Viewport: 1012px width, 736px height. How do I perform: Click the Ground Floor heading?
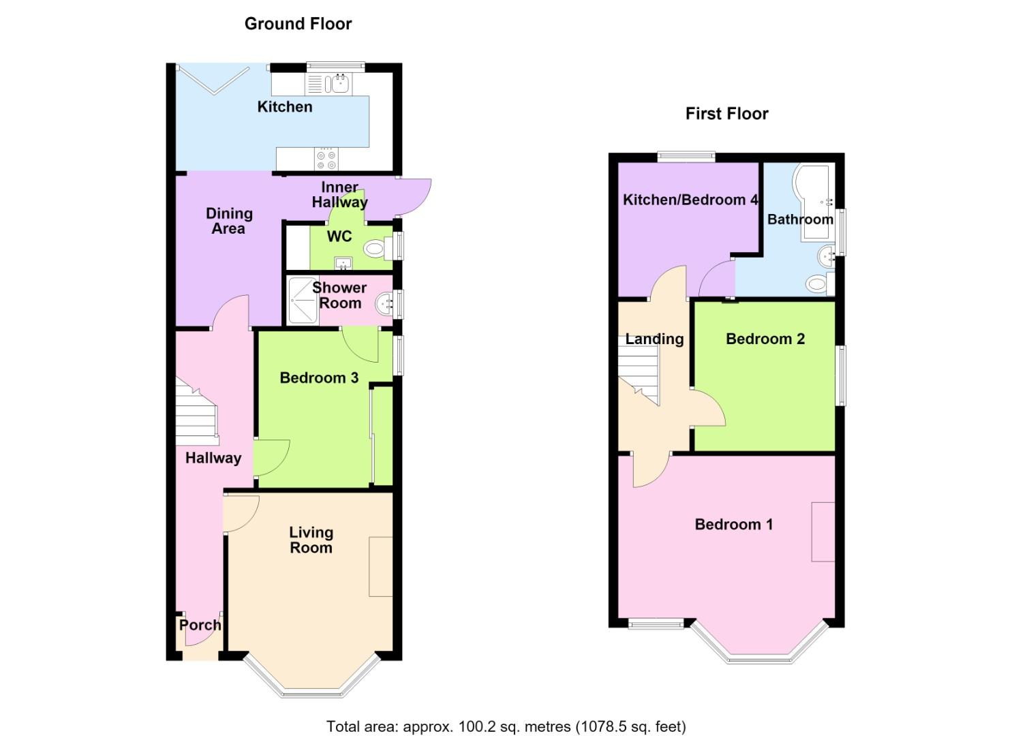pyautogui.click(x=298, y=24)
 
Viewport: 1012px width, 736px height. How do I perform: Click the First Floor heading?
pyautogui.click(x=726, y=113)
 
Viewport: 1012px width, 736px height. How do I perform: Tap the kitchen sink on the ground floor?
pyautogui.click(x=339, y=84)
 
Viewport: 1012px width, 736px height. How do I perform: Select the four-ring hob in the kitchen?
pyautogui.click(x=326, y=159)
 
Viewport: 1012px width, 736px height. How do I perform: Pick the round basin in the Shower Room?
pyautogui.click(x=384, y=304)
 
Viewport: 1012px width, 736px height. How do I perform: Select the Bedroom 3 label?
pyautogui.click(x=319, y=378)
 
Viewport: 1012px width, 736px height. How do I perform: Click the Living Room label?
pyautogui.click(x=311, y=540)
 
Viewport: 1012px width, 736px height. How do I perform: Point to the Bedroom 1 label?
pyautogui.click(x=734, y=524)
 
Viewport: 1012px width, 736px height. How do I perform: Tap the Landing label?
pyautogui.click(x=654, y=339)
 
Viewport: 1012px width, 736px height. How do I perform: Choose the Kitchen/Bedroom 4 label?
pyautogui.click(x=690, y=200)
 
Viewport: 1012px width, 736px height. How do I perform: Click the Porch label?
pyautogui.click(x=200, y=626)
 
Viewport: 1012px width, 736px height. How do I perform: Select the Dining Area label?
pyautogui.click(x=229, y=221)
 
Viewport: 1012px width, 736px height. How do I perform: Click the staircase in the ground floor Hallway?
pyautogui.click(x=196, y=412)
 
